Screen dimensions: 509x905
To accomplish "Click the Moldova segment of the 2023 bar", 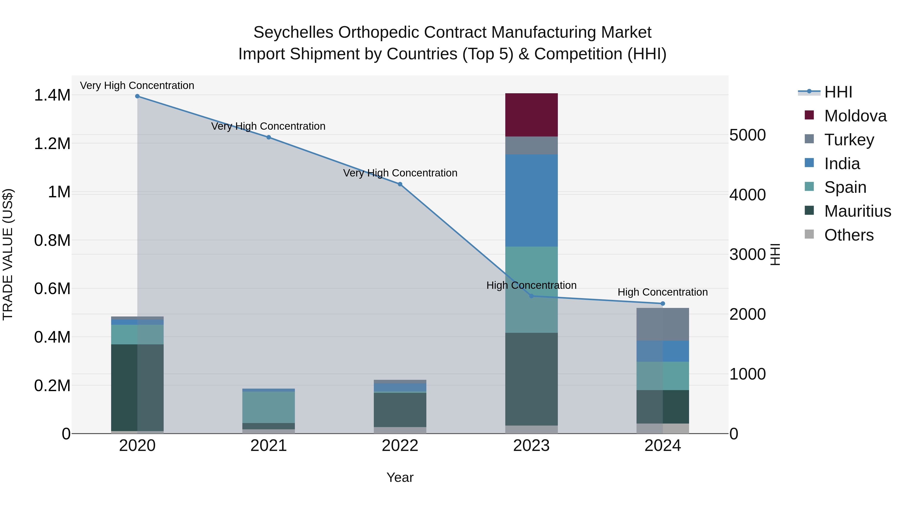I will coord(531,115).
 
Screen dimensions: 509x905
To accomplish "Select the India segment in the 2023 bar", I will coord(531,200).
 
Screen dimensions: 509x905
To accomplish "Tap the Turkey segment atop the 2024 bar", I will coord(663,324).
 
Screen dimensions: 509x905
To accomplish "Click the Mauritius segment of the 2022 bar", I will coord(400,410).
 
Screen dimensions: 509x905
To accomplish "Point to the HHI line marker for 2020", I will coord(137,96).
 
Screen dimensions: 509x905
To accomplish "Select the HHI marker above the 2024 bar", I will coord(663,303).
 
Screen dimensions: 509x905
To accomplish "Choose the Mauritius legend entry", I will coord(857,211).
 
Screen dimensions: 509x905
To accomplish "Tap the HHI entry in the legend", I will coord(838,92).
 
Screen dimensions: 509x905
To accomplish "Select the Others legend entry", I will coord(848,235).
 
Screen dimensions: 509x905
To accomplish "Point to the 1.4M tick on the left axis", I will coord(52,95).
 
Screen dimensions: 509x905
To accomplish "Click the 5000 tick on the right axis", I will coord(748,135).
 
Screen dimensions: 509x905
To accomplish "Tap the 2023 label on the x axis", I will coord(531,446).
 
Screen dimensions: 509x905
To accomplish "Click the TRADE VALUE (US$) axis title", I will coord(8,254).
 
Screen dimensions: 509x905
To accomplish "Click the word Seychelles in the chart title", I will coord(293,32).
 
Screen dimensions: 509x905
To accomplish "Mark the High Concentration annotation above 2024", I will coord(663,292).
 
